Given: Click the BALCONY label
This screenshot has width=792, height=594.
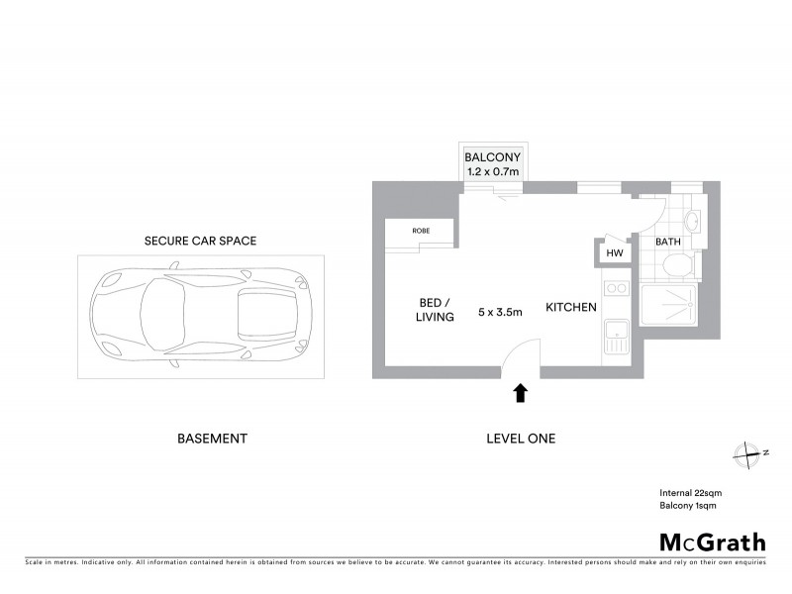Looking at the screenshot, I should click(492, 156).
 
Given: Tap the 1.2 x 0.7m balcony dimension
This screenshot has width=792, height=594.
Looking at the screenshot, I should click(492, 171).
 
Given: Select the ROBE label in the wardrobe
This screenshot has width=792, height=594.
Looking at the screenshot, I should click(421, 231).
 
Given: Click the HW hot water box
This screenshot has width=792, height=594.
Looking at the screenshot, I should click(614, 253).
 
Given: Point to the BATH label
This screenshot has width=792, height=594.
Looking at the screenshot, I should click(668, 241).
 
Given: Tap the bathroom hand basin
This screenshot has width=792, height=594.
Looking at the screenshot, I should click(692, 221).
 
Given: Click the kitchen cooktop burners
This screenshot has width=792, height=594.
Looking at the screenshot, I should click(615, 288).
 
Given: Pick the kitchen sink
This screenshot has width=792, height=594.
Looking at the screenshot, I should click(615, 338).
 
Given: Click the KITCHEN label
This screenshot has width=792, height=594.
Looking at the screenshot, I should click(571, 308).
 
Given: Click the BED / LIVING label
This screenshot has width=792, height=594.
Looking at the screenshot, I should click(435, 309).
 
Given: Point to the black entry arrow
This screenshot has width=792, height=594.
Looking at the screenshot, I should click(521, 394).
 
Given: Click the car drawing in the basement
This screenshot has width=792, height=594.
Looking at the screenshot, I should click(201, 314).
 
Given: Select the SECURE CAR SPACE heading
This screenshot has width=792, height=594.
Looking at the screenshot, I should click(193, 241).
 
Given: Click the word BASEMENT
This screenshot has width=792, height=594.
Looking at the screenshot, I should click(211, 438).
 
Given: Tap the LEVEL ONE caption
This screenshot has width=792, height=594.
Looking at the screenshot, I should click(521, 438).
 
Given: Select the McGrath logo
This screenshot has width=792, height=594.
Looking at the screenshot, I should click(713, 542).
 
